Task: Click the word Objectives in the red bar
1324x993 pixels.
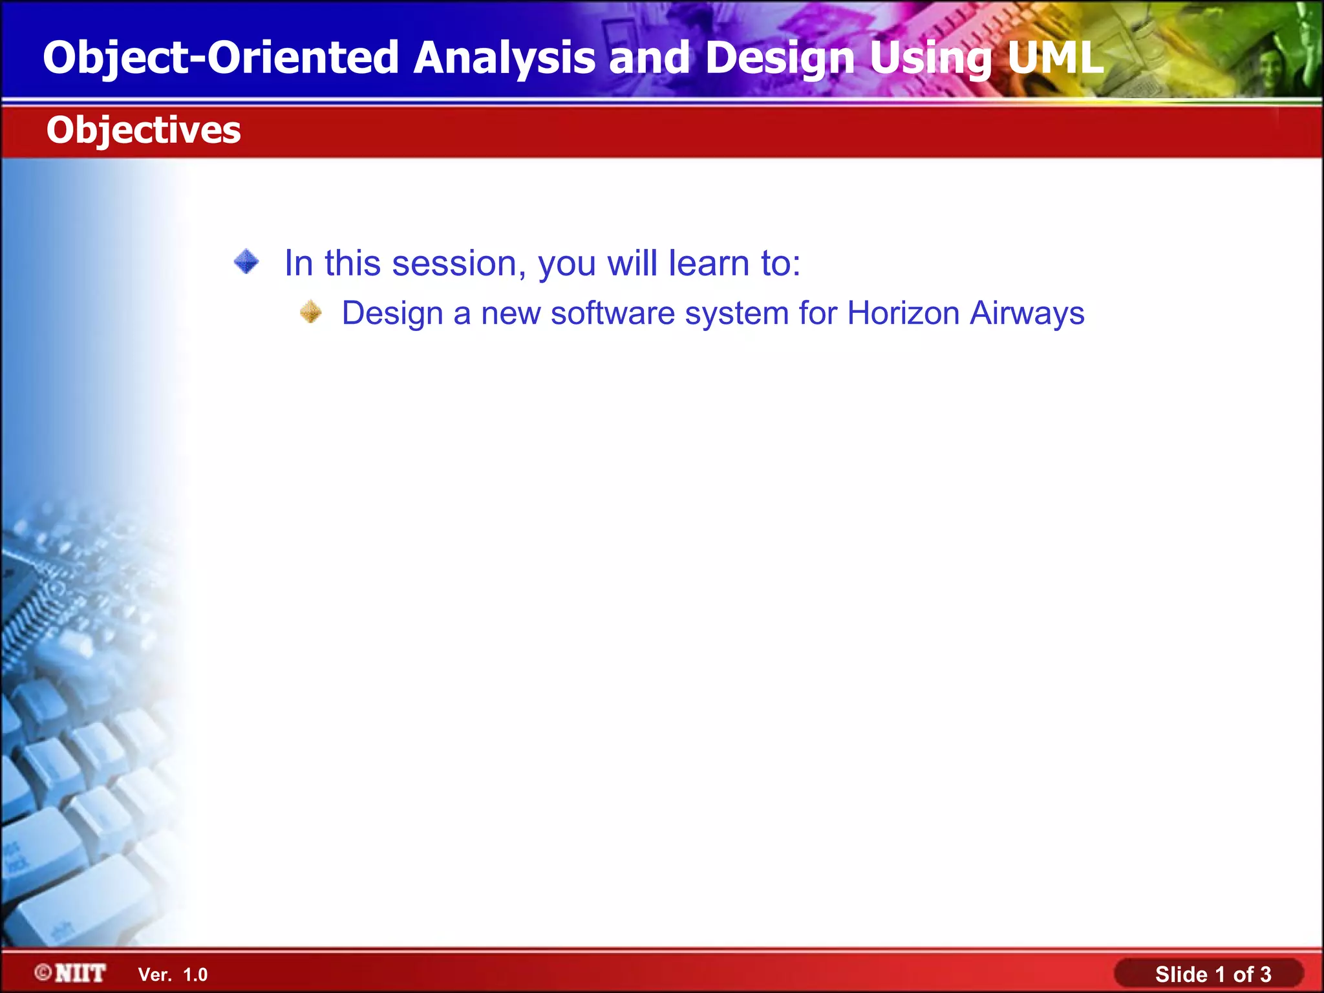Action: pyautogui.click(x=144, y=131)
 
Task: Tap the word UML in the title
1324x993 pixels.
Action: pyautogui.click(x=1054, y=58)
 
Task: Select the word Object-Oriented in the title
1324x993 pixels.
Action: pyautogui.click(x=220, y=58)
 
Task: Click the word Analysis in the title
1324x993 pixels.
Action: pyautogui.click(x=504, y=58)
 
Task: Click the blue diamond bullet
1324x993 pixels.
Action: pyautogui.click(x=246, y=262)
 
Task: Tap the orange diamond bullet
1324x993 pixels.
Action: pyautogui.click(x=311, y=312)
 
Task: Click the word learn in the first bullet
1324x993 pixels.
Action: pyautogui.click(x=709, y=264)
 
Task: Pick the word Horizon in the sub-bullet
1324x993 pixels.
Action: pyautogui.click(x=903, y=314)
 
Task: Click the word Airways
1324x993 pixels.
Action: pyautogui.click(x=1027, y=314)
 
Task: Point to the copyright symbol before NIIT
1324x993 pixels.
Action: pyautogui.click(x=43, y=972)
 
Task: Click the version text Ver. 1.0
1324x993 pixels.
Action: pyautogui.click(x=173, y=975)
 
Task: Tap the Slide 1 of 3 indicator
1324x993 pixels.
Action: pyautogui.click(x=1213, y=974)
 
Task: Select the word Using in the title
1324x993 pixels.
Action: pyautogui.click(x=930, y=58)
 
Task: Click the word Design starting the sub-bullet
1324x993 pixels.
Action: pyautogui.click(x=392, y=314)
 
